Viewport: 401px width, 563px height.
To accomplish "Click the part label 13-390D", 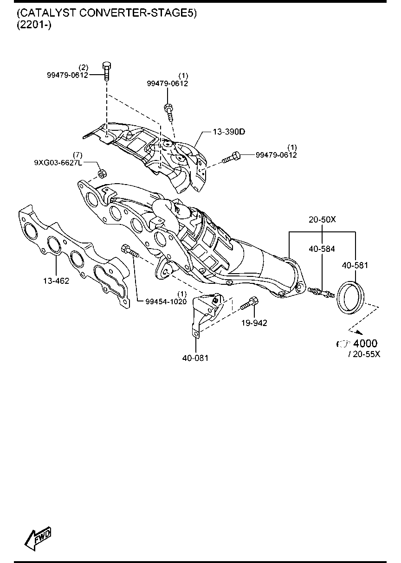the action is pos(229,132).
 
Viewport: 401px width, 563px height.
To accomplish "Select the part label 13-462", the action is pos(56,281).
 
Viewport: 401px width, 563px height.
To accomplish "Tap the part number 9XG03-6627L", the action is pos(58,163).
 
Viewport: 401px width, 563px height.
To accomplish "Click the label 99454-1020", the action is pos(166,301).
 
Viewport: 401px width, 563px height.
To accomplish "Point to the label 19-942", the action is pos(254,323).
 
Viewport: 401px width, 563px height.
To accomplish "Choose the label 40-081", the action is pos(195,358).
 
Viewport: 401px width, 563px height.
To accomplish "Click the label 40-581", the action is pos(355,265).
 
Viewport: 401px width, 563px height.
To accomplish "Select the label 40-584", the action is pos(322,249).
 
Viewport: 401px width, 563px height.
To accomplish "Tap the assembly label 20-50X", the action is pos(322,220).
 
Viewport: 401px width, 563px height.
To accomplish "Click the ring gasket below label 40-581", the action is pos(350,298).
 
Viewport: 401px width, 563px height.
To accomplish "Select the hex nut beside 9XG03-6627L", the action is pos(102,173).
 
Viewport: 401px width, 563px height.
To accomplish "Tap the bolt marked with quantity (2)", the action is pos(107,71).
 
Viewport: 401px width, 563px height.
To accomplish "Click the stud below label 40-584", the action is pos(321,292).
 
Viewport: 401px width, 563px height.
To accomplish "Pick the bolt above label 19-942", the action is pos(250,303).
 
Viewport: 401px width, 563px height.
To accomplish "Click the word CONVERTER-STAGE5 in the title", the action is pos(138,13).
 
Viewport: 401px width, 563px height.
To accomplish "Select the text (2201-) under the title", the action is pos(34,25).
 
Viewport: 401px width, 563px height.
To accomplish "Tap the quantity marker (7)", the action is pos(78,155).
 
